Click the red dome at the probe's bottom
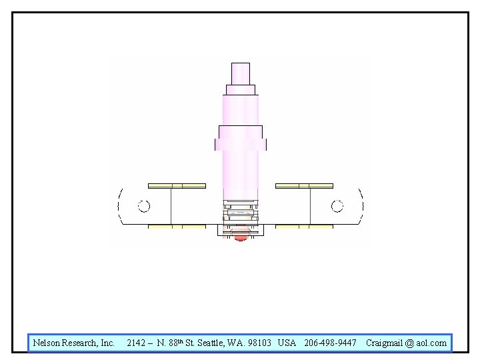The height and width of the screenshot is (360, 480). pyautogui.click(x=241, y=237)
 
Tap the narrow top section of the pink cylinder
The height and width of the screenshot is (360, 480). pyautogui.click(x=241, y=74)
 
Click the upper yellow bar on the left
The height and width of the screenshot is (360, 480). pyautogui.click(x=177, y=186)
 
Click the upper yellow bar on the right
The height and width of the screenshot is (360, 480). pyautogui.click(x=304, y=186)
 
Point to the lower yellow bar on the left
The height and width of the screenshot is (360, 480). pyautogui.click(x=177, y=227)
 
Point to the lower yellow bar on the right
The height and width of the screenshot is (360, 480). pyautogui.click(x=304, y=227)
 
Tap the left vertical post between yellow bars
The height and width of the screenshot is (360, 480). pyautogui.click(x=171, y=206)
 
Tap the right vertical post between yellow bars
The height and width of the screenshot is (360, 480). pyautogui.click(x=310, y=206)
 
